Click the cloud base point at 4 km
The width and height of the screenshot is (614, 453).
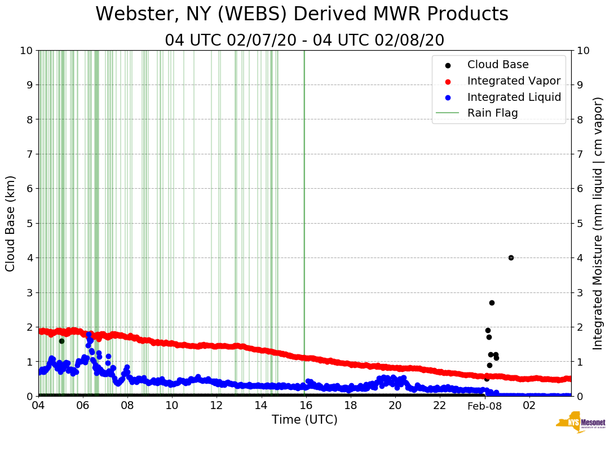[511, 257]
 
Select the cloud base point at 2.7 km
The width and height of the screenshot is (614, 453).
[492, 303]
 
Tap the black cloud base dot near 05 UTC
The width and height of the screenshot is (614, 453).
[61, 341]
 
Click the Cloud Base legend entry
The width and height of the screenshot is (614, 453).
[498, 65]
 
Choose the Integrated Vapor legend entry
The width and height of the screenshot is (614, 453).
[514, 81]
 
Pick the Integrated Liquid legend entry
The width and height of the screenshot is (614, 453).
[514, 97]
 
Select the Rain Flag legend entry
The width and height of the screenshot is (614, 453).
[492, 113]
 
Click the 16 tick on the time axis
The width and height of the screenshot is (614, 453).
[306, 406]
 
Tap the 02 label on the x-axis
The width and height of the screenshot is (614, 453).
[529, 406]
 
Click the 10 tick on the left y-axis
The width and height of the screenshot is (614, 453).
[26, 51]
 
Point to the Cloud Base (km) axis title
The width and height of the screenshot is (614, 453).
[11, 223]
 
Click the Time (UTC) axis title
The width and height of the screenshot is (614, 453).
[304, 420]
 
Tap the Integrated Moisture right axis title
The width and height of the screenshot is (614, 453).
[598, 223]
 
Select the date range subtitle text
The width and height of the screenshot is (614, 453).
[304, 41]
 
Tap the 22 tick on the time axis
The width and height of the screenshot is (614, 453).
[440, 406]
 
